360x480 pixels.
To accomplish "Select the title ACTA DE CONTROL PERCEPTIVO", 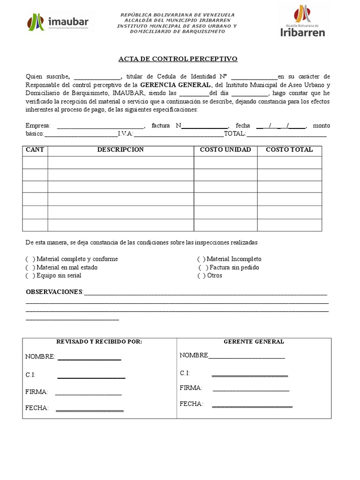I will tap(178, 59).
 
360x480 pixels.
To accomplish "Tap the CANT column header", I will tap(35, 150).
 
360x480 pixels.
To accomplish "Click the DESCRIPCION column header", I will tap(120, 150).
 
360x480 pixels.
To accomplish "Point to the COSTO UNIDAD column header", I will tap(225, 150).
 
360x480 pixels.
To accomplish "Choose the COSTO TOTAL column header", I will tap(289, 150).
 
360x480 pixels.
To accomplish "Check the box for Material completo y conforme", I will tap(30, 259).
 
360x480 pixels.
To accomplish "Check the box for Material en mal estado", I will tap(30, 268).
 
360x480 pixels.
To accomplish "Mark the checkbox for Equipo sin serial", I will tap(30, 276).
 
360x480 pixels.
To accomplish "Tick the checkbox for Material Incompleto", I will tap(201, 259).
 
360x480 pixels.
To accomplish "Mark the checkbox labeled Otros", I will tap(201, 276).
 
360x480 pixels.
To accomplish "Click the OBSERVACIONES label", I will tap(54, 292).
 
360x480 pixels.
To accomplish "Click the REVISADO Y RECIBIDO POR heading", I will tap(99, 342).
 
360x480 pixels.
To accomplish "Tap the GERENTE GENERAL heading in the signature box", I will tap(254, 342).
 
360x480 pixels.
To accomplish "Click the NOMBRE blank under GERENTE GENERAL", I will tap(247, 356).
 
